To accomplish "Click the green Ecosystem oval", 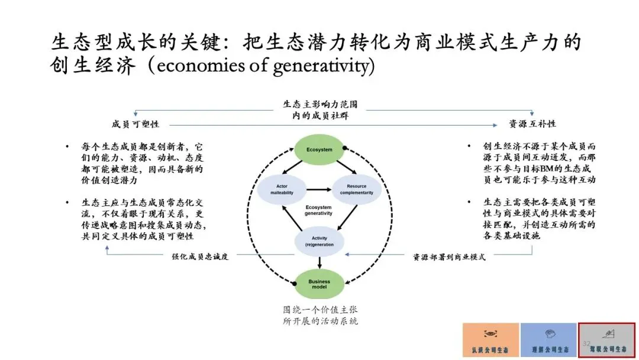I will (319, 149).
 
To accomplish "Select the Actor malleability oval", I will (282, 189).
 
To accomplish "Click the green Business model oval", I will (319, 284).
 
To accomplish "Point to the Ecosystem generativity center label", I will (319, 211).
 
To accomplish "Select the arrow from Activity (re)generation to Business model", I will (319, 262).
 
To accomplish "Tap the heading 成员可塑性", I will (135, 124).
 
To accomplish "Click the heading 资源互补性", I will (532, 124).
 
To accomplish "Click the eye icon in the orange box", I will (490, 334).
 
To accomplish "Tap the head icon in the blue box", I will (548, 334).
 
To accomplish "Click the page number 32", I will (586, 344).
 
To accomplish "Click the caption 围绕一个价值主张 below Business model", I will (320, 309).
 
